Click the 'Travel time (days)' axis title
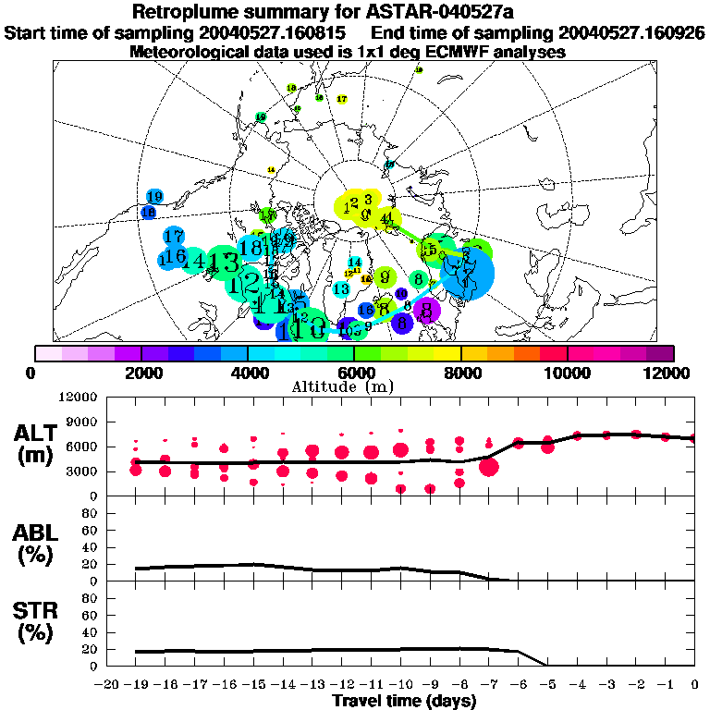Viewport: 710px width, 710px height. point(404,701)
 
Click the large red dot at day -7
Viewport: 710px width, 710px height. point(489,467)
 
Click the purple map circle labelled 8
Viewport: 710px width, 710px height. point(426,311)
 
